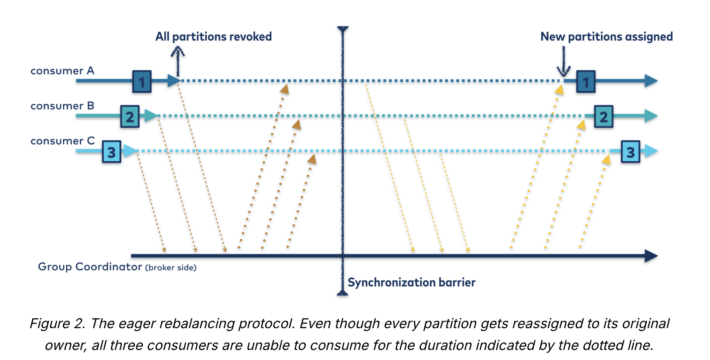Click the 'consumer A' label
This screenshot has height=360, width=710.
tap(62, 71)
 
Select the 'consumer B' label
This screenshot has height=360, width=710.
tap(62, 106)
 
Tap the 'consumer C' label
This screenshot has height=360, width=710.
tap(62, 141)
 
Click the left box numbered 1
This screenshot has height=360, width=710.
tap(142, 82)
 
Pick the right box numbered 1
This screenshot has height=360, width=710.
tap(586, 82)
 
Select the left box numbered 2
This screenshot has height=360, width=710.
tap(130, 116)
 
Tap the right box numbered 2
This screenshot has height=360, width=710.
tap(604, 116)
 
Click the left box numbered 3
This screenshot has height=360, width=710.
tap(112, 152)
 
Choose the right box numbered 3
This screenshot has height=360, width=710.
tap(631, 152)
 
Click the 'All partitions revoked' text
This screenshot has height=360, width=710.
tap(213, 37)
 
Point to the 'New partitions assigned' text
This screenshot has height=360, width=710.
tap(606, 37)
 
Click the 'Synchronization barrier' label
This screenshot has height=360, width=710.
tap(411, 282)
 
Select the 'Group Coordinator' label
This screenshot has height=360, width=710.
tap(90, 267)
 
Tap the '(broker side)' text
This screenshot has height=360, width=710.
tap(171, 268)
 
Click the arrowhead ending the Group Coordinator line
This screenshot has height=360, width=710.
tap(651, 256)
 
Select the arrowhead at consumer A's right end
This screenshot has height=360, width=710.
tap(651, 81)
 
